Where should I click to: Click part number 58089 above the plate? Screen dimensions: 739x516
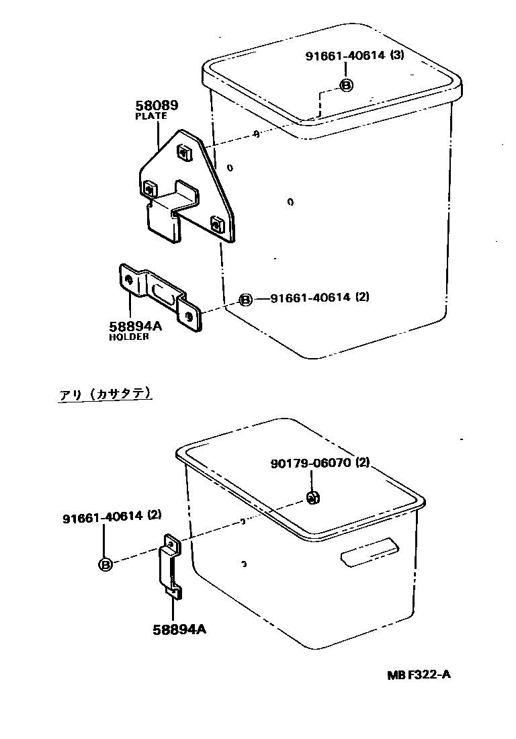157,105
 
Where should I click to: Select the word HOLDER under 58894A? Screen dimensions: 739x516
129,337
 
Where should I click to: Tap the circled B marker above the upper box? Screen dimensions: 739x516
345,85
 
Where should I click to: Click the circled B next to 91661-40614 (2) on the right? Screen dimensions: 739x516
246,299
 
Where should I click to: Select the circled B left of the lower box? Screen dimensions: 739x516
105,564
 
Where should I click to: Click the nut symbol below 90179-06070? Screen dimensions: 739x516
312,497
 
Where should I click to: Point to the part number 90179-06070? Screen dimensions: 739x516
312,463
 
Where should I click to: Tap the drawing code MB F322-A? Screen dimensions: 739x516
418,675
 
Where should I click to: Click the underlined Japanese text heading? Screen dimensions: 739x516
105,394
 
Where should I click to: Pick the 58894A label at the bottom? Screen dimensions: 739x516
179,629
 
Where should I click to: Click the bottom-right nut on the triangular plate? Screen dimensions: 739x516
218,224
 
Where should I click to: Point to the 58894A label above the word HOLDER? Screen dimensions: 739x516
136,326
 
